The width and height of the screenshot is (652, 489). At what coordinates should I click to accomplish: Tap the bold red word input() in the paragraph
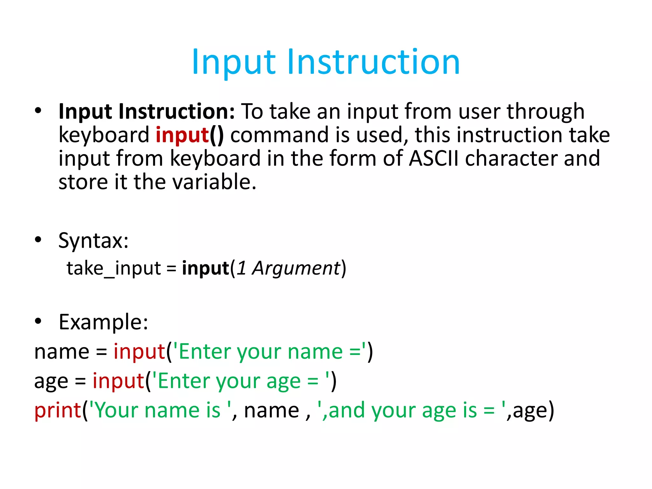[x=190, y=135]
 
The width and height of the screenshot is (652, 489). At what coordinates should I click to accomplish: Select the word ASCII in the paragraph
[x=434, y=158]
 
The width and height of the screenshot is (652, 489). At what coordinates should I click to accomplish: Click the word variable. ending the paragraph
[x=214, y=182]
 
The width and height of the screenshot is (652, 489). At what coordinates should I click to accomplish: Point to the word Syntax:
[x=94, y=241]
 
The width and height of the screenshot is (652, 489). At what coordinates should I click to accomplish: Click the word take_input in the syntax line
[x=114, y=268]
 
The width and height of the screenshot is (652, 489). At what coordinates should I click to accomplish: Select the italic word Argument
[x=296, y=268]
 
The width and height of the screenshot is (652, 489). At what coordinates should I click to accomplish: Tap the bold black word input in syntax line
[x=205, y=268]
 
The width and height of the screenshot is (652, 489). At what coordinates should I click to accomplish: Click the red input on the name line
[x=139, y=352]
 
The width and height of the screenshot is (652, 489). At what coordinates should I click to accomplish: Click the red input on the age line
[x=118, y=381]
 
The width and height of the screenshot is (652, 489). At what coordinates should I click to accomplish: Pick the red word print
[x=57, y=410]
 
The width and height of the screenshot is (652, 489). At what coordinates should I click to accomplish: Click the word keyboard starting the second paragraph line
[x=104, y=135]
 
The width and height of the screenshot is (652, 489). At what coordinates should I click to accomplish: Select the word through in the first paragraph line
[x=545, y=112]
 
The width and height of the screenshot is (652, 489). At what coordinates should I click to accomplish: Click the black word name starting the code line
[x=62, y=352]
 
